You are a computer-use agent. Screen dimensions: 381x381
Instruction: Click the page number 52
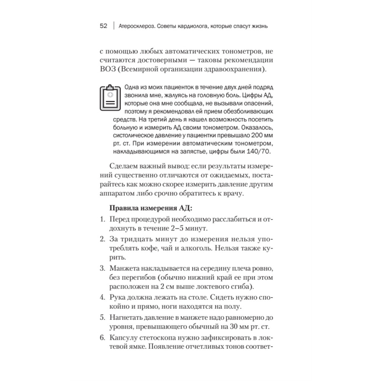(104, 26)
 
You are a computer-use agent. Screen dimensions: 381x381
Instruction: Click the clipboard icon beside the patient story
(110, 98)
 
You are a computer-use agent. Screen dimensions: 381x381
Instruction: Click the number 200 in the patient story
(259, 135)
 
